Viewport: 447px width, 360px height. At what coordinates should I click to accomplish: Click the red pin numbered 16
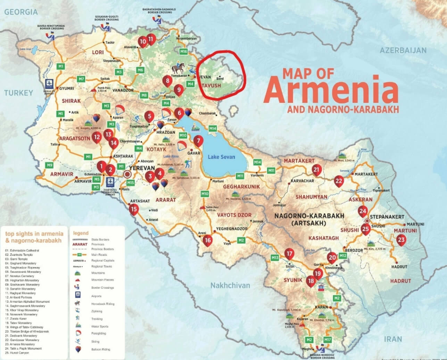click(x=208, y=240)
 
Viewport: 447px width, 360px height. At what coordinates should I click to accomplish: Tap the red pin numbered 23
click(x=401, y=239)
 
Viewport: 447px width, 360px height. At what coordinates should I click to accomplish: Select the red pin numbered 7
click(x=198, y=141)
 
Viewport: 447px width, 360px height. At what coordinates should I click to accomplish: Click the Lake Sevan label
click(x=221, y=157)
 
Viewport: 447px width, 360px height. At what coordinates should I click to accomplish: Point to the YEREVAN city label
click(x=141, y=167)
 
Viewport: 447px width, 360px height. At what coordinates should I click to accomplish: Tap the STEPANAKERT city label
click(x=387, y=217)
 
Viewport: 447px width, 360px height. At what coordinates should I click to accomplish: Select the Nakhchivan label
click(x=230, y=285)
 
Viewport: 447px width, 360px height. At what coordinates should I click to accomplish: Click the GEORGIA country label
click(x=21, y=12)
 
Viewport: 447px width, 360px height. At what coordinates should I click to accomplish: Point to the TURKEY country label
click(x=19, y=93)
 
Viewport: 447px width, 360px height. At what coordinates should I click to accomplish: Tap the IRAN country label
click(x=393, y=339)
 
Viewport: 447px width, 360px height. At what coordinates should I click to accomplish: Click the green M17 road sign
click(x=328, y=339)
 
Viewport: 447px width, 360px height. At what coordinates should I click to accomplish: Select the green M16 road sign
click(x=183, y=52)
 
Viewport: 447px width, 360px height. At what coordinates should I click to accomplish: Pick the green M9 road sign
click(x=50, y=165)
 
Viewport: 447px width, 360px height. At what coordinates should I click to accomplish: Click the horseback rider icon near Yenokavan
click(x=177, y=67)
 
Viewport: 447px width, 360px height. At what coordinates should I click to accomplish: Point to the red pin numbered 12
click(x=97, y=137)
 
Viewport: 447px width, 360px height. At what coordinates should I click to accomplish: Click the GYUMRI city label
click(x=67, y=88)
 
